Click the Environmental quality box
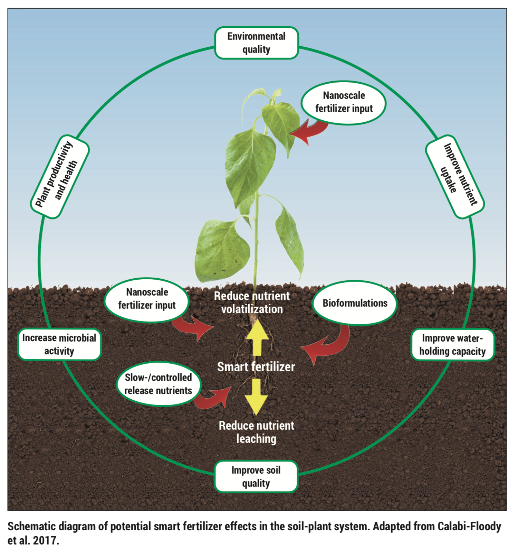(x=256, y=43)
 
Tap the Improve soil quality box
(x=256, y=476)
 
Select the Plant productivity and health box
(x=60, y=176)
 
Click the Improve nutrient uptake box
(x=455, y=176)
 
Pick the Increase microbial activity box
(x=59, y=344)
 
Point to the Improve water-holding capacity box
(x=452, y=345)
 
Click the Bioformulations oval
(x=355, y=303)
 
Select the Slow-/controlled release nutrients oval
(x=158, y=384)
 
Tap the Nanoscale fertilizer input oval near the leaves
(x=344, y=102)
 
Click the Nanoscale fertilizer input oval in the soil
(x=147, y=299)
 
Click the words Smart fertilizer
(x=256, y=367)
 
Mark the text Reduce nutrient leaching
(x=256, y=432)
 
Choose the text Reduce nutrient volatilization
(x=252, y=303)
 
